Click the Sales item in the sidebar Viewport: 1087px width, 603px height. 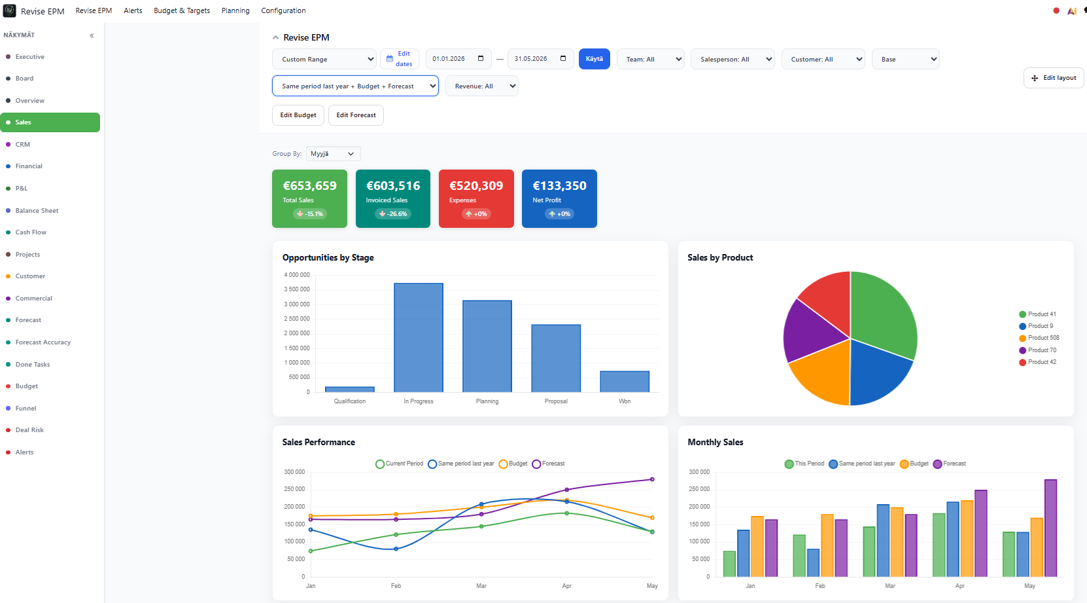coord(50,122)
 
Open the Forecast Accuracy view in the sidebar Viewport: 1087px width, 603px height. coord(43,342)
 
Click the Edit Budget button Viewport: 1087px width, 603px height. coord(298,115)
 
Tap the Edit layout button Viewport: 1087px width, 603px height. coord(1054,78)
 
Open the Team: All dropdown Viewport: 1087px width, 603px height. coord(650,60)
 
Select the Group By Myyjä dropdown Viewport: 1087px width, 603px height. coord(333,154)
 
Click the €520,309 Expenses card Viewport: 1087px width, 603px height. coord(476,198)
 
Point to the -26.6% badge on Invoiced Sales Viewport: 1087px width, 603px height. coord(393,214)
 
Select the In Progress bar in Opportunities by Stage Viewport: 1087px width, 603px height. coord(419,338)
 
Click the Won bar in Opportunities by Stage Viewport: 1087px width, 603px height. coord(625,382)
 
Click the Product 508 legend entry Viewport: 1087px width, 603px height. coord(1039,338)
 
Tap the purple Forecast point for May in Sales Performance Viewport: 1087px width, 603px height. coord(652,479)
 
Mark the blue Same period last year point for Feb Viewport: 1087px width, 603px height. coord(396,549)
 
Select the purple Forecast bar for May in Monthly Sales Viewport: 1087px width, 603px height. coord(1050,528)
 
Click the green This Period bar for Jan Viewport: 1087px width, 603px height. coord(729,564)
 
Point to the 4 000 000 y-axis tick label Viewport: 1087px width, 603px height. coord(296,275)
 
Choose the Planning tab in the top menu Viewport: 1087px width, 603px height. coord(235,10)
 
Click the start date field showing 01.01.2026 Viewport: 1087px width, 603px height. coord(458,59)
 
